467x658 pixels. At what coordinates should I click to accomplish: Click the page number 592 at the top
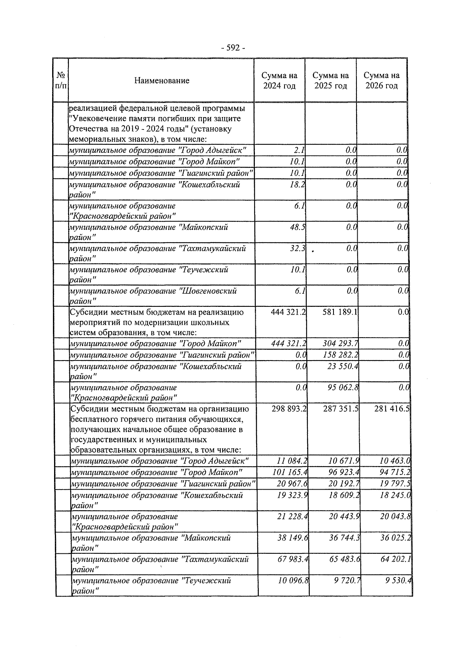coord(233,48)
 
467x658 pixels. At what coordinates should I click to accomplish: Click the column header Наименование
coord(162,80)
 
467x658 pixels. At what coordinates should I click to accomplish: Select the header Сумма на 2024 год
coord(279,80)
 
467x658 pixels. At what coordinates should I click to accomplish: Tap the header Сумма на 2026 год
coord(381,80)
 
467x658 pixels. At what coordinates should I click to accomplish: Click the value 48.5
coord(297,227)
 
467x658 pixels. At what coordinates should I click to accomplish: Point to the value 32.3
coord(297,248)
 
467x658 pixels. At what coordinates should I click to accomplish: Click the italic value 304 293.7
coord(340,344)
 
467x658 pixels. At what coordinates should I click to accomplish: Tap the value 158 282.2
coord(340,355)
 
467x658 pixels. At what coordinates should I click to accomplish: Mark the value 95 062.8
coord(342,388)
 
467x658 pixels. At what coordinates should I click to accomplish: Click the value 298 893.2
coord(288,409)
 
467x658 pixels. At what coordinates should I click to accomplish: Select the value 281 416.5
coord(392,409)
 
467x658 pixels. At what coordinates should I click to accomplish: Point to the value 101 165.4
coord(290,473)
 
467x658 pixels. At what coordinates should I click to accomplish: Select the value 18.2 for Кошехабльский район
coord(297,185)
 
